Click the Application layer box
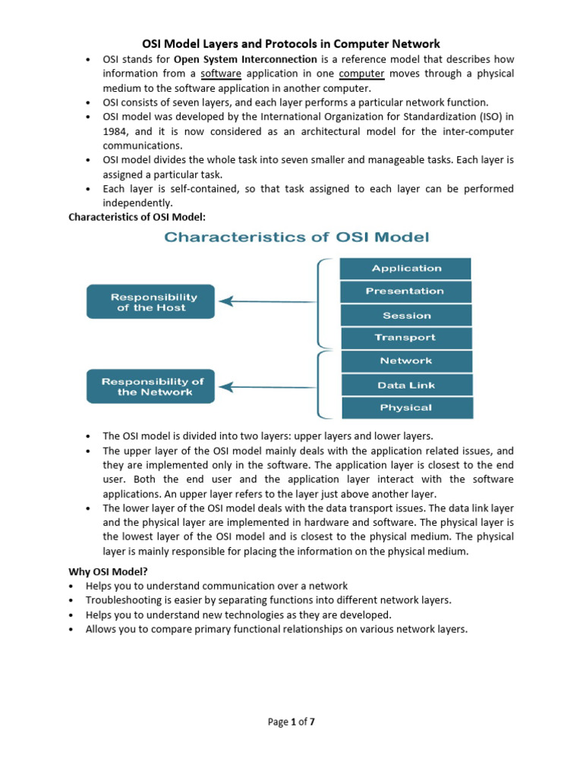point(406,269)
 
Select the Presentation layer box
point(406,291)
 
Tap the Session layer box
point(406,316)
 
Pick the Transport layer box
point(406,338)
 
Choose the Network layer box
point(406,361)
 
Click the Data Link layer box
point(406,385)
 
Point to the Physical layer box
point(406,407)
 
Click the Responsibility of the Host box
point(150,302)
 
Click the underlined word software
point(220,74)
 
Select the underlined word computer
point(361,74)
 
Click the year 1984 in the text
point(115,131)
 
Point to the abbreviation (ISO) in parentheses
point(493,117)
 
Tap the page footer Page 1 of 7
point(291,722)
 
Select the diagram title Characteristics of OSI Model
point(297,238)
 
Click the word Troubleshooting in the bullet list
point(123,600)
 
